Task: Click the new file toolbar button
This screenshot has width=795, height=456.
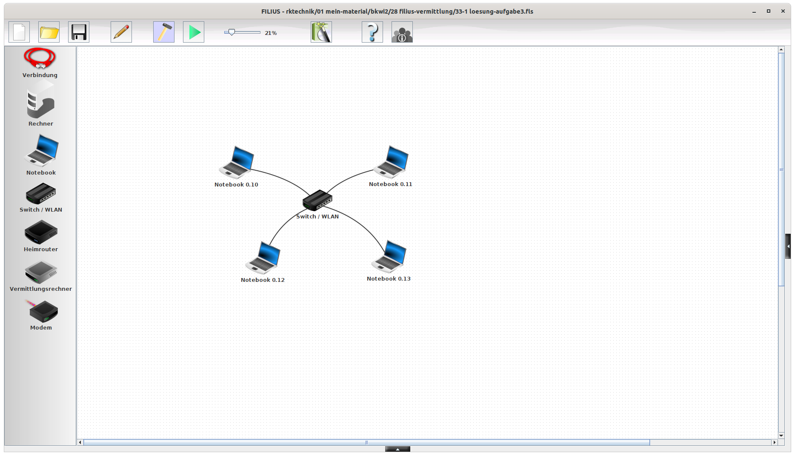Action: coord(19,32)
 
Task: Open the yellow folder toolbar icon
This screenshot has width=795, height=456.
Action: coord(49,32)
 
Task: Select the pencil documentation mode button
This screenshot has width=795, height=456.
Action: coord(121,32)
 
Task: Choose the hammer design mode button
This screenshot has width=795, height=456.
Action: coord(164,32)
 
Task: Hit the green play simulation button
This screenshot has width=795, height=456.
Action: coord(194,32)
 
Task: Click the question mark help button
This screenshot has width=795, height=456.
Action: coord(372,32)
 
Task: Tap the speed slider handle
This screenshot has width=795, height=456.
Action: coord(232,32)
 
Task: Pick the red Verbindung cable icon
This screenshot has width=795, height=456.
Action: coord(40,58)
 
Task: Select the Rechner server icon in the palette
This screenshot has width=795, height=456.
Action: coord(40,102)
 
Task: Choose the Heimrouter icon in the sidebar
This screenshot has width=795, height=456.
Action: coord(41,232)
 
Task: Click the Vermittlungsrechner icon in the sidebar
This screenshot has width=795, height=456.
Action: coord(41,272)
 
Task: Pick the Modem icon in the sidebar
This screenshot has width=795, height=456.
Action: coord(43,311)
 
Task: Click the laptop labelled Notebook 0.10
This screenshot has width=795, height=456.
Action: coord(237,162)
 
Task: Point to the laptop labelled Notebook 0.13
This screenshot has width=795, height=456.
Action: coord(389,256)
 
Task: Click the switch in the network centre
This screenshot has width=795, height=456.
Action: coord(317,200)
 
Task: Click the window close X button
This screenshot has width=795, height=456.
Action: coord(783,11)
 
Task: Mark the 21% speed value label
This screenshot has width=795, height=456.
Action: coord(271,33)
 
